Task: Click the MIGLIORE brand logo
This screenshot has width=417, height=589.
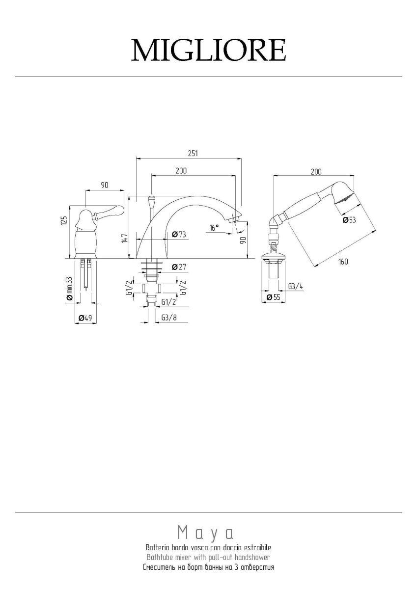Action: (x=208, y=50)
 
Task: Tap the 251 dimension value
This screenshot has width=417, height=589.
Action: (x=193, y=154)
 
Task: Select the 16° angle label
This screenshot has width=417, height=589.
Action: (x=214, y=227)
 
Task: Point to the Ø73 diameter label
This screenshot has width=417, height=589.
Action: (x=179, y=234)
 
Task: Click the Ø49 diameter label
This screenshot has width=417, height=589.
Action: (x=85, y=318)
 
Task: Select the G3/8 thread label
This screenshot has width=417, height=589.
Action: (x=169, y=318)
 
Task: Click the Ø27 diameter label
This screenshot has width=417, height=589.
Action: (x=179, y=267)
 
